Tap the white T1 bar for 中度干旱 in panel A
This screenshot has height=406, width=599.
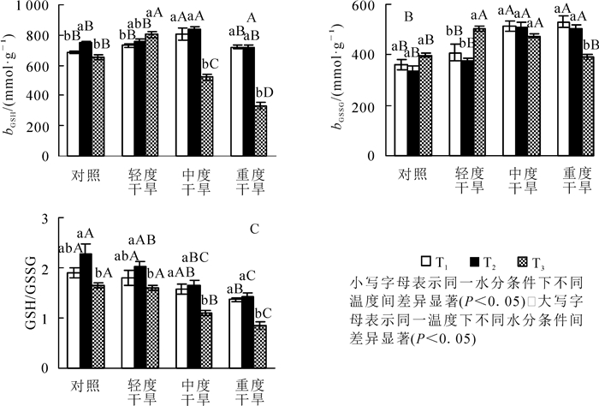182,94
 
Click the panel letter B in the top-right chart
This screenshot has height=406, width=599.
409,17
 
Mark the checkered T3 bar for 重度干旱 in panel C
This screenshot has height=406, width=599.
260,346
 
